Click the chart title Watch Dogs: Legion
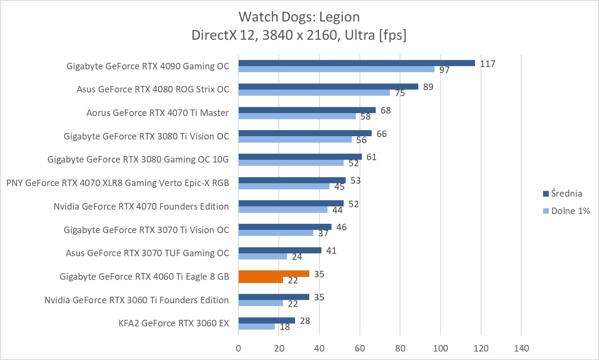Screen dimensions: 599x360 click(299, 17)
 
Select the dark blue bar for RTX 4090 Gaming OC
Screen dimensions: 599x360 click(357, 63)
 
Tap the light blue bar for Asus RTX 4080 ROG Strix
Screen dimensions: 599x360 click(314, 92)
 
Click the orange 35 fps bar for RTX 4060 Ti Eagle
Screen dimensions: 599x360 click(274, 274)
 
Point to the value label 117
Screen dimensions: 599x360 click(488, 64)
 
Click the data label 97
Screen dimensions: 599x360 click(445, 70)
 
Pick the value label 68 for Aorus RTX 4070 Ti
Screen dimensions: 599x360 click(385, 110)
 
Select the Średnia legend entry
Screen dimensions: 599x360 click(563, 193)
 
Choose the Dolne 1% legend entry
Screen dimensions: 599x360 click(567, 211)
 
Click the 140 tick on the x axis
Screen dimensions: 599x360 click(522, 348)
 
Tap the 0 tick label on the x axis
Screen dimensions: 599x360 click(238, 348)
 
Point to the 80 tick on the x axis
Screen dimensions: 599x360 click(400, 348)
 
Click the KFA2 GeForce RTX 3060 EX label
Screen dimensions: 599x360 click(173, 323)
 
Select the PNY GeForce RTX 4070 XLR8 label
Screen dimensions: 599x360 click(118, 183)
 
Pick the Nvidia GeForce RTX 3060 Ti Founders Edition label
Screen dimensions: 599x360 click(137, 300)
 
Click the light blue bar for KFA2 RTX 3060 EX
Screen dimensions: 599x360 click(257, 327)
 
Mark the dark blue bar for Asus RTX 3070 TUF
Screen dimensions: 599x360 click(280, 250)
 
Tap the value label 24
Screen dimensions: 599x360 click(297, 257)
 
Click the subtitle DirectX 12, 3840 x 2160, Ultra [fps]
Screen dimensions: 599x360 click(299, 35)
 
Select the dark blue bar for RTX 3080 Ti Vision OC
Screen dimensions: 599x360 click(305, 133)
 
